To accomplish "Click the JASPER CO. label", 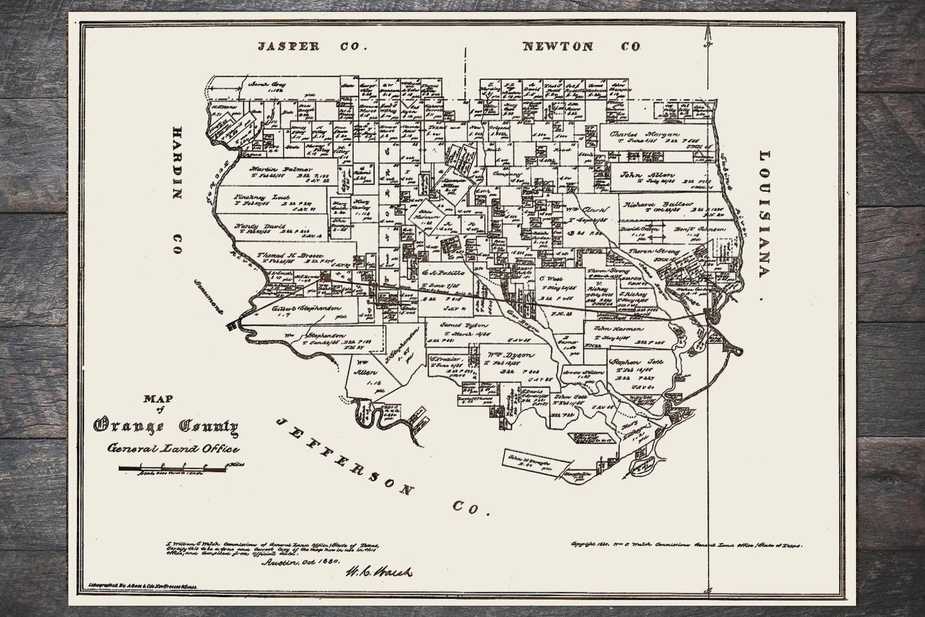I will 312,47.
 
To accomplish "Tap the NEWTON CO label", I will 581,47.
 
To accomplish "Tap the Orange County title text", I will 166,428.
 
